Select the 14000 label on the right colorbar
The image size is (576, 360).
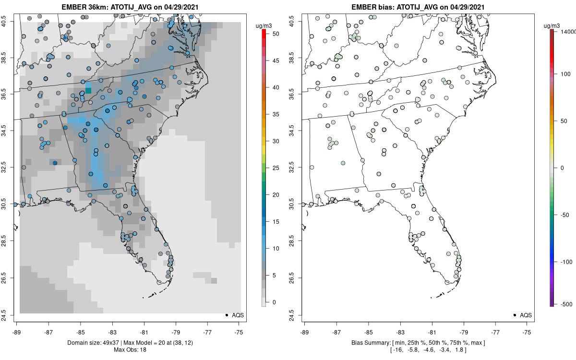click(x=568, y=32)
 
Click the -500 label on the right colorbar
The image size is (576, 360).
click(x=567, y=304)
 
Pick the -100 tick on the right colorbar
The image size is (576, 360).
click(x=567, y=262)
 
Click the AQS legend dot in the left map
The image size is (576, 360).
click(x=226, y=315)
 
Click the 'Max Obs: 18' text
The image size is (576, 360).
click(x=130, y=349)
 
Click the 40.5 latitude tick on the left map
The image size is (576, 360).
click(x=10, y=21)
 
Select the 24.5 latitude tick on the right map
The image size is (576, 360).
click(x=298, y=315)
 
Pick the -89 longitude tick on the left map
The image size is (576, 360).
click(x=17, y=332)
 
